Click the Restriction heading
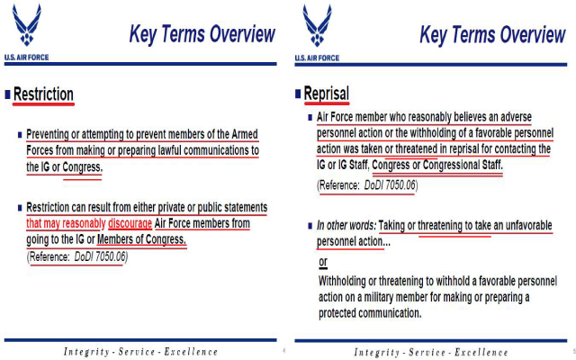(43, 94)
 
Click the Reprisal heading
(326, 94)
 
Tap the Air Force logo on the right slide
(317, 30)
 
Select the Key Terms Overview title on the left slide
(202, 34)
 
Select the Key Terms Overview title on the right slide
(492, 34)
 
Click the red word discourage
(131, 223)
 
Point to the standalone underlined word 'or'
(324, 262)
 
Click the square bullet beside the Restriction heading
(8, 94)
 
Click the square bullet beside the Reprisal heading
(298, 94)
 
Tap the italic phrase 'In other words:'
(346, 224)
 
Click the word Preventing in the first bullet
(53, 134)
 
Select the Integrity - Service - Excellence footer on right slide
(430, 351)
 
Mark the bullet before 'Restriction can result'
(20, 208)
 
